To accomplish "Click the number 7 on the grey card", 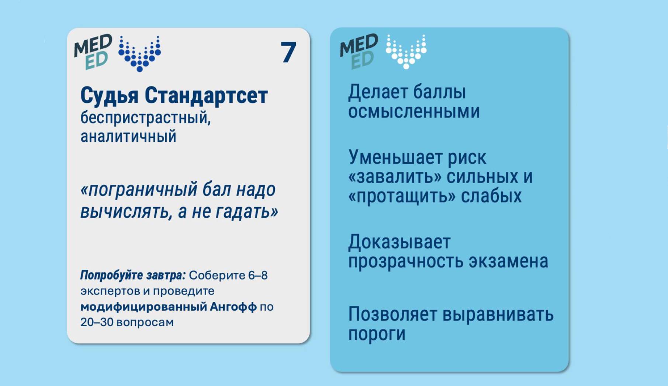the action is click(288, 52).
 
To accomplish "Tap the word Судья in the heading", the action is click(110, 96).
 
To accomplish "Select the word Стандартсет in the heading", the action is click(206, 96).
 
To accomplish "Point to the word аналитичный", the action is click(128, 136).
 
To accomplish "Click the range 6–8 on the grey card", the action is click(258, 276).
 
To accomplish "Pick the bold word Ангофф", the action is click(233, 307).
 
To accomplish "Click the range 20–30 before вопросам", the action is click(97, 322).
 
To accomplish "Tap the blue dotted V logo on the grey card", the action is click(139, 54).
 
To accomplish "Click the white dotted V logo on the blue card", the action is click(406, 52).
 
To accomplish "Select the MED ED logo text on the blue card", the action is click(359, 51).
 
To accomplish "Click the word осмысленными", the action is click(414, 112).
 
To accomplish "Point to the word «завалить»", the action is click(395, 177).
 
